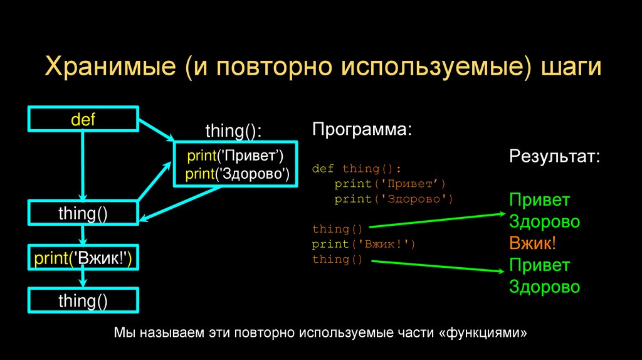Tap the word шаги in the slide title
(571, 68)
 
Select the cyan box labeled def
(83, 119)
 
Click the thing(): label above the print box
(233, 132)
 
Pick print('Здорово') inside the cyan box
(238, 174)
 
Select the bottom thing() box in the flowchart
(83, 300)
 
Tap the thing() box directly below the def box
(83, 213)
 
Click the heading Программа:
(362, 131)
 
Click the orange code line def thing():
(355, 169)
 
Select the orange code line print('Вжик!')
(364, 244)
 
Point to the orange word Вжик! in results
(532, 243)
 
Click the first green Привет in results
(539, 200)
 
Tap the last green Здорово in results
(544, 287)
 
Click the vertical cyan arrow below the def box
(83, 163)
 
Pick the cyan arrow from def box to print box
(157, 129)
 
